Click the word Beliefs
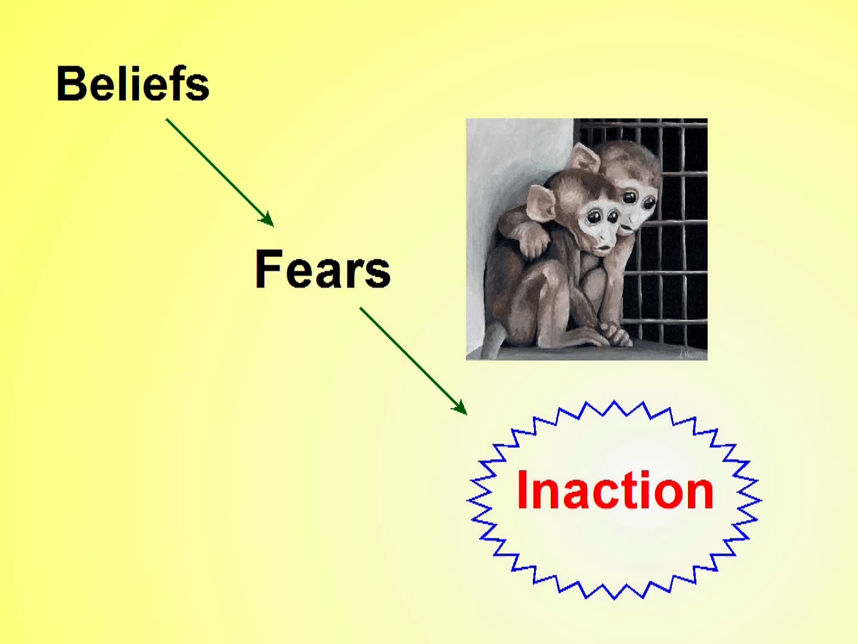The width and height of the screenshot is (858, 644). point(133,83)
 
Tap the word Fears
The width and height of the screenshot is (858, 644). point(322,269)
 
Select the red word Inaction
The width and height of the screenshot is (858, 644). point(616,490)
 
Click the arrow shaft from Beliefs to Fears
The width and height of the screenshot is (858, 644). point(220,172)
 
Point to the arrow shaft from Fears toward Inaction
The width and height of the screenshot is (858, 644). point(413,361)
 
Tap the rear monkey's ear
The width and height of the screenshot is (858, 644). point(584,157)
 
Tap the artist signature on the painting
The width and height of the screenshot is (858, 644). point(692,354)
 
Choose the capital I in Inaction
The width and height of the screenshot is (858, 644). point(522,490)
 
